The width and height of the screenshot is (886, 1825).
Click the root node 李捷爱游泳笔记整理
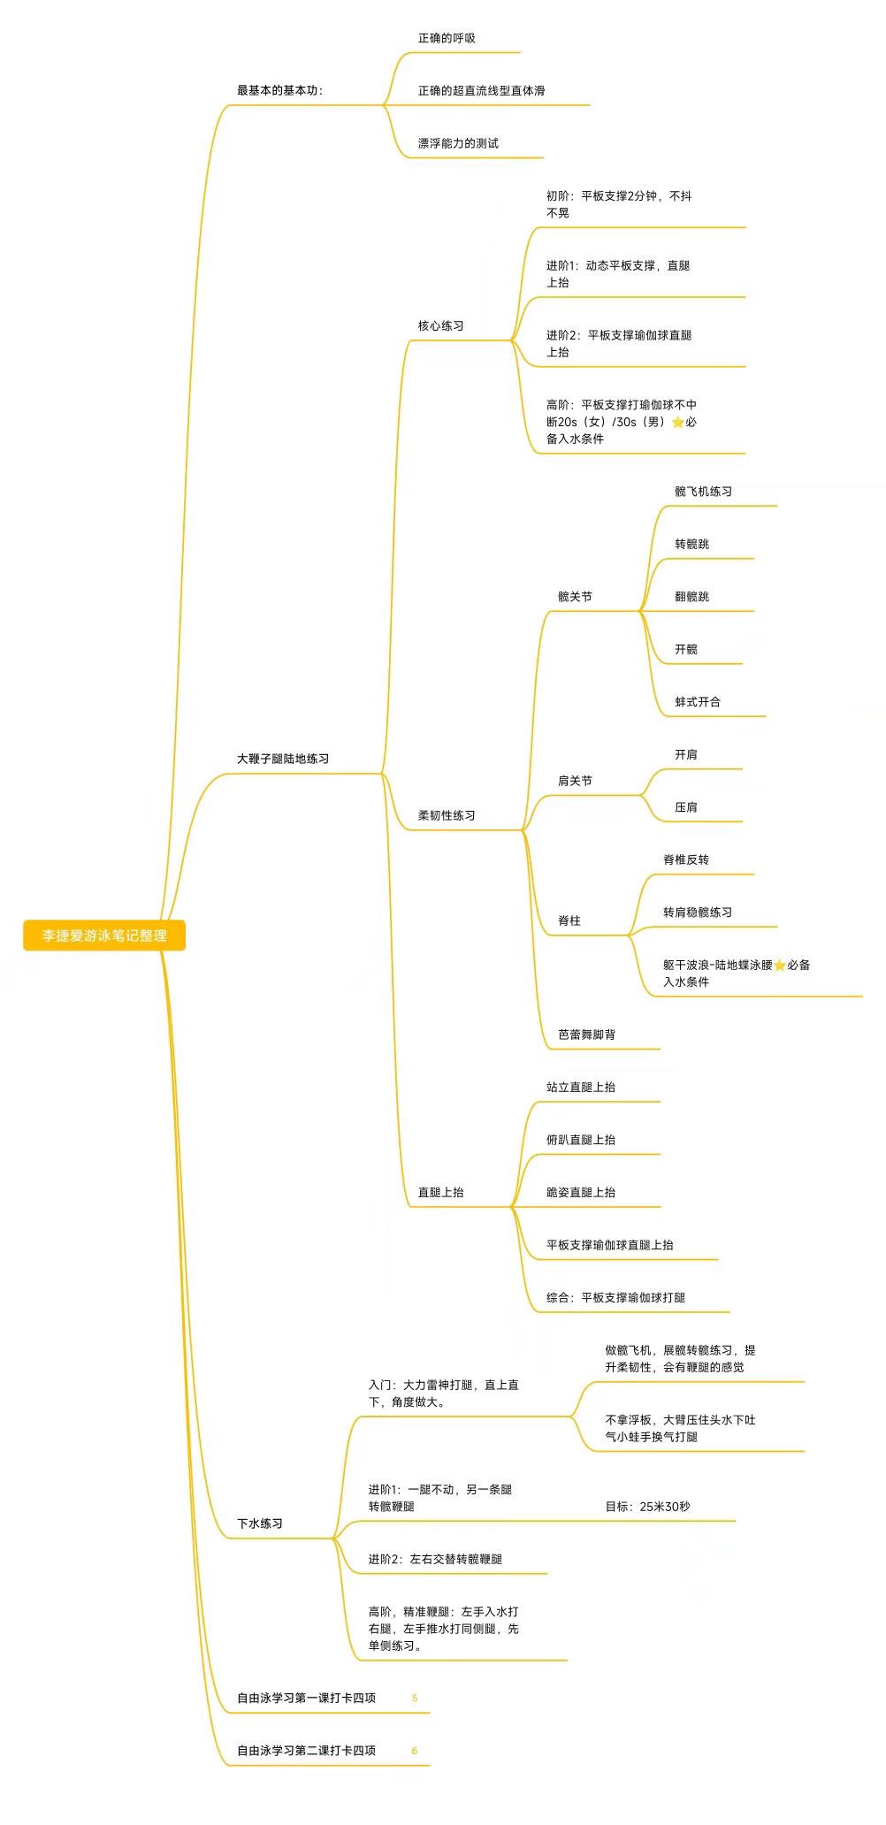click(x=104, y=935)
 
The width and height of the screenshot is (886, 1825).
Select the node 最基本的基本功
click(x=278, y=90)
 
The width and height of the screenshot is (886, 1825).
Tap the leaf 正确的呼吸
click(x=447, y=38)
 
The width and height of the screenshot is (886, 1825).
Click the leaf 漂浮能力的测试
click(x=458, y=143)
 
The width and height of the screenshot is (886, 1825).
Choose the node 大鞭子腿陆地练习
click(x=283, y=759)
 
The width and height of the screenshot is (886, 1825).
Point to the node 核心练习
click(x=440, y=325)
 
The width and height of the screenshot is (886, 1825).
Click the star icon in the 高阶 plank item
click(x=678, y=422)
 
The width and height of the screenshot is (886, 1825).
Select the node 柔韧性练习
click(x=447, y=815)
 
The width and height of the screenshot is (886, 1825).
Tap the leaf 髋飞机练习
click(x=703, y=491)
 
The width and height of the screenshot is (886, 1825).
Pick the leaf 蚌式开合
click(x=698, y=701)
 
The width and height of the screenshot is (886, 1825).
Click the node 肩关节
click(x=575, y=781)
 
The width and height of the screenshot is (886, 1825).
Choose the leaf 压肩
click(x=686, y=806)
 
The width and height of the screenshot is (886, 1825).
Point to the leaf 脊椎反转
click(x=686, y=859)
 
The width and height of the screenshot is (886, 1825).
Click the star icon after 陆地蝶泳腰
click(x=780, y=966)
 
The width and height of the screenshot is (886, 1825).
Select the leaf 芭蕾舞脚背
click(x=586, y=1034)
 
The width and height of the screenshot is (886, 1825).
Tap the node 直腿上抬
click(x=440, y=1192)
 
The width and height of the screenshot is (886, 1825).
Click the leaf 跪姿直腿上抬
click(x=581, y=1192)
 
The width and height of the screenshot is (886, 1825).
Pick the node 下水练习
click(x=260, y=1523)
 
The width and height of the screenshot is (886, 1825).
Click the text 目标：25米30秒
click(x=647, y=1506)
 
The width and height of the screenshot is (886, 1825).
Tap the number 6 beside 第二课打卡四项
click(x=415, y=1751)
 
